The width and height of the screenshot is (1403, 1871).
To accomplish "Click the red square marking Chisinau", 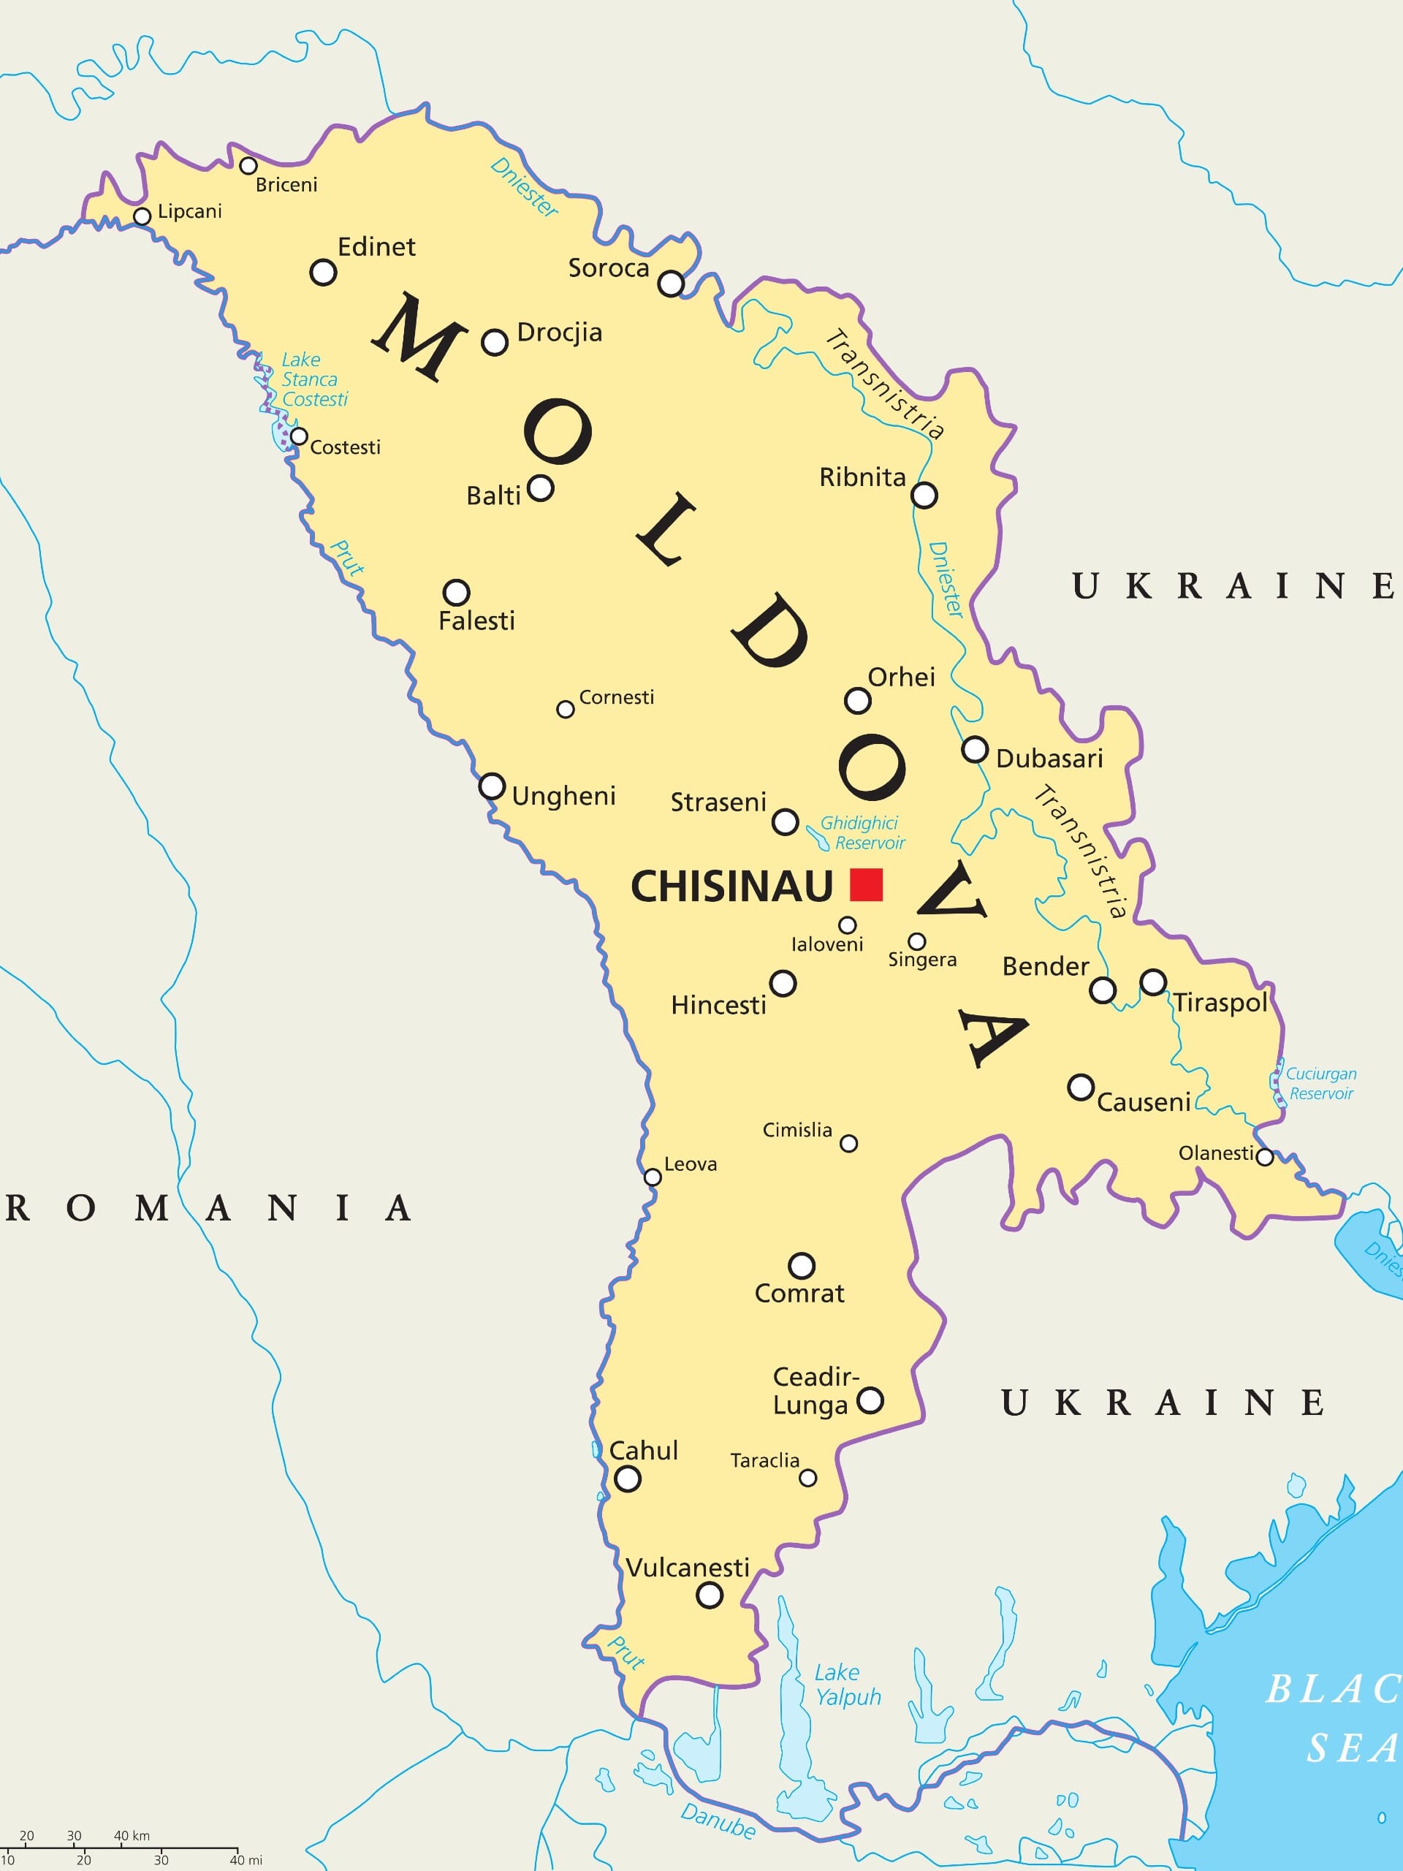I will pyautogui.click(x=866, y=885).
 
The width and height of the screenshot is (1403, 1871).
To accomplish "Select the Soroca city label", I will pyautogui.click(x=608, y=268).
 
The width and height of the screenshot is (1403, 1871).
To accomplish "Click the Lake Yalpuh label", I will pyautogui.click(x=848, y=1685).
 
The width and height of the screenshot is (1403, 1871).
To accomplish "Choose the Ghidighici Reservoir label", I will pyautogui.click(x=862, y=833).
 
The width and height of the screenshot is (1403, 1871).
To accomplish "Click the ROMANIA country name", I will pyautogui.click(x=209, y=1209).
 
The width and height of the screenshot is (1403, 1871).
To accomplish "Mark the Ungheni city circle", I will pyautogui.click(x=493, y=786).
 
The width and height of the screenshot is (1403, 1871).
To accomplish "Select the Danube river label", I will pyautogui.click(x=718, y=1821).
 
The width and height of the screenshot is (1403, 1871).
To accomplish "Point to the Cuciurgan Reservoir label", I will pyautogui.click(x=1321, y=1084).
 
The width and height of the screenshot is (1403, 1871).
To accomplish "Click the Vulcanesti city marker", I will pyautogui.click(x=710, y=1595).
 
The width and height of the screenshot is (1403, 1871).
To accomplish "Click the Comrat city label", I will pyautogui.click(x=799, y=1294).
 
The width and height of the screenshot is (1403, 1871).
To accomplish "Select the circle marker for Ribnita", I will pyautogui.click(x=924, y=495).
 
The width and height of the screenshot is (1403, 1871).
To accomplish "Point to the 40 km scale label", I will pyautogui.click(x=132, y=1834).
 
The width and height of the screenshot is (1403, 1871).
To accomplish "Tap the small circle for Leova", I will pyautogui.click(x=653, y=1177).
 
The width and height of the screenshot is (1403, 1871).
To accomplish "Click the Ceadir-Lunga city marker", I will pyautogui.click(x=871, y=1401).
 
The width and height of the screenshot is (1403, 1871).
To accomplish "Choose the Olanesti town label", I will pyautogui.click(x=1216, y=1153).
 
